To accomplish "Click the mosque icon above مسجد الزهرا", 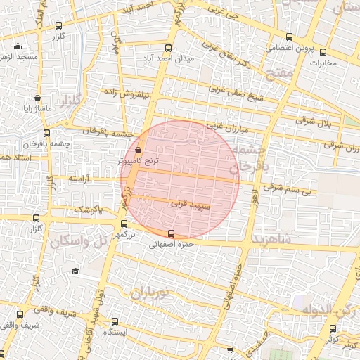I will pos(18,46).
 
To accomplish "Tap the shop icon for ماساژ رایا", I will pos(37,99).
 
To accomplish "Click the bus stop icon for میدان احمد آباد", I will pos(167,49).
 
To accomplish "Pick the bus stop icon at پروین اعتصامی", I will pos(289,38).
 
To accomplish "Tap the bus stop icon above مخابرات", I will pos(323,52).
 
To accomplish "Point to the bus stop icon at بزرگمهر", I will pos(124,224).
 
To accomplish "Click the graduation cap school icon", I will pos(75,271).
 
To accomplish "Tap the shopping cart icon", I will pos(230,349).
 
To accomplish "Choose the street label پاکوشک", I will pos(89,210).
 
